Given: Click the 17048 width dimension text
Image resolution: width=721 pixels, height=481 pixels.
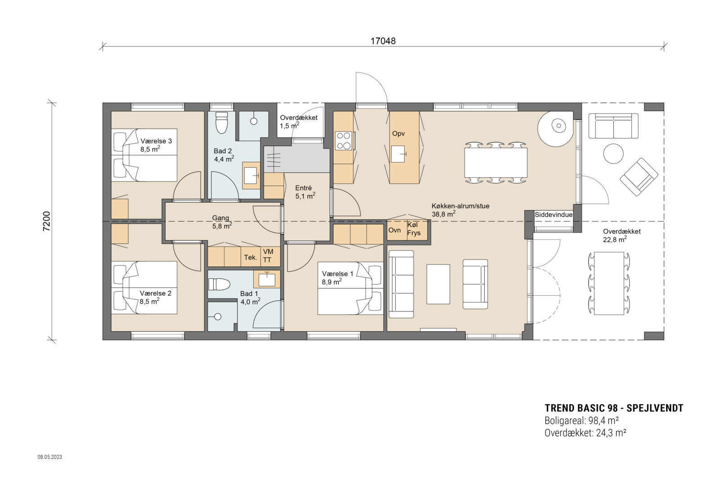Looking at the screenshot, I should pos(383,41).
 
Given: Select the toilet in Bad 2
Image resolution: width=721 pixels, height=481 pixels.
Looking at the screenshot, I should pos(222,123).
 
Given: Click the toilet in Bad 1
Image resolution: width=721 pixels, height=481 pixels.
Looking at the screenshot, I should pos(219,284).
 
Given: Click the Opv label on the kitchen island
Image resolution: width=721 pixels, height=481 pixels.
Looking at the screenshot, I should pos(398,134).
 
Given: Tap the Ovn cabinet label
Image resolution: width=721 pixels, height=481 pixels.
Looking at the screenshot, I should pos(394,230).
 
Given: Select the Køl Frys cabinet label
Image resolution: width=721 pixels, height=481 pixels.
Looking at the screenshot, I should pos(414,229).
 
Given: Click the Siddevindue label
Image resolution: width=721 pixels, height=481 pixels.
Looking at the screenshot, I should pos(553,215).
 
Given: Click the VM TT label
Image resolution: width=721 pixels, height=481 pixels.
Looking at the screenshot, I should pos(268,256).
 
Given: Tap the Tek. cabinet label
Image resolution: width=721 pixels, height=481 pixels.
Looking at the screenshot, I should pos(251,257).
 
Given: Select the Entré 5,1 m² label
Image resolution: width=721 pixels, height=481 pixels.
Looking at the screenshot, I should pos(305,192).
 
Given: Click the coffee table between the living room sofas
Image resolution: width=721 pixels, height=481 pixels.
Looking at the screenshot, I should pos(438,284).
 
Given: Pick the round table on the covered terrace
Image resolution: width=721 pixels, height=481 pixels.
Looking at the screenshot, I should pos(613,154).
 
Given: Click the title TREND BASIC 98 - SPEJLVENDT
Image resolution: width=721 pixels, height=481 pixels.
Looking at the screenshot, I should pos(614,408).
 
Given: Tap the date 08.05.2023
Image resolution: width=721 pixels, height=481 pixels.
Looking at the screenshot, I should pos(50,457).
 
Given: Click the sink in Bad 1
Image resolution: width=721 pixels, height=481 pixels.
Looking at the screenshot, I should pos(267,279).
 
